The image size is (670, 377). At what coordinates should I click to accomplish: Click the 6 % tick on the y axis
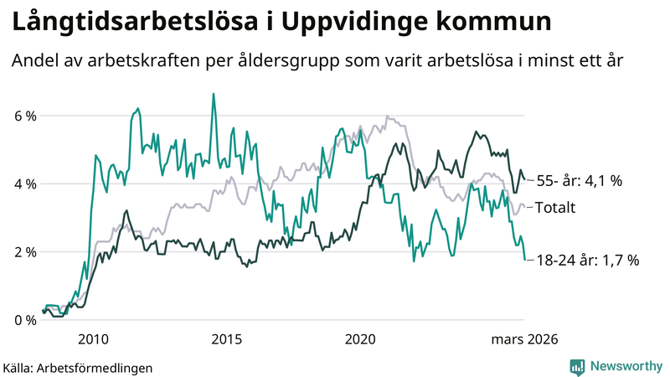[x=24, y=116]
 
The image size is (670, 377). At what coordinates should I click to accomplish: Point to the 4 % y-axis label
[x=24, y=183]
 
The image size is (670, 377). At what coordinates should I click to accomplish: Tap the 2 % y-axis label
[x=24, y=252]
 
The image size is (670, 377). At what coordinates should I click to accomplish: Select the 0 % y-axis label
[x=24, y=320]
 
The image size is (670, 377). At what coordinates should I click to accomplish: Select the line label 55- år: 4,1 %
[x=579, y=180]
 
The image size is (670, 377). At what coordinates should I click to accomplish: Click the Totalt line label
[x=555, y=207]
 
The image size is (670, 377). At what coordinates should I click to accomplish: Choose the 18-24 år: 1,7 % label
[x=587, y=261]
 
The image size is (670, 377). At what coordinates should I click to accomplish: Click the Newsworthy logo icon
[x=577, y=366]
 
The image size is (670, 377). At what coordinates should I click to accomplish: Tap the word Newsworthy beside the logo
[x=625, y=366]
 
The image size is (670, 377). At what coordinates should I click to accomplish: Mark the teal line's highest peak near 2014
[x=213, y=94]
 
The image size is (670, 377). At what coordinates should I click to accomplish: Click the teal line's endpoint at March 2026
[x=525, y=260]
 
